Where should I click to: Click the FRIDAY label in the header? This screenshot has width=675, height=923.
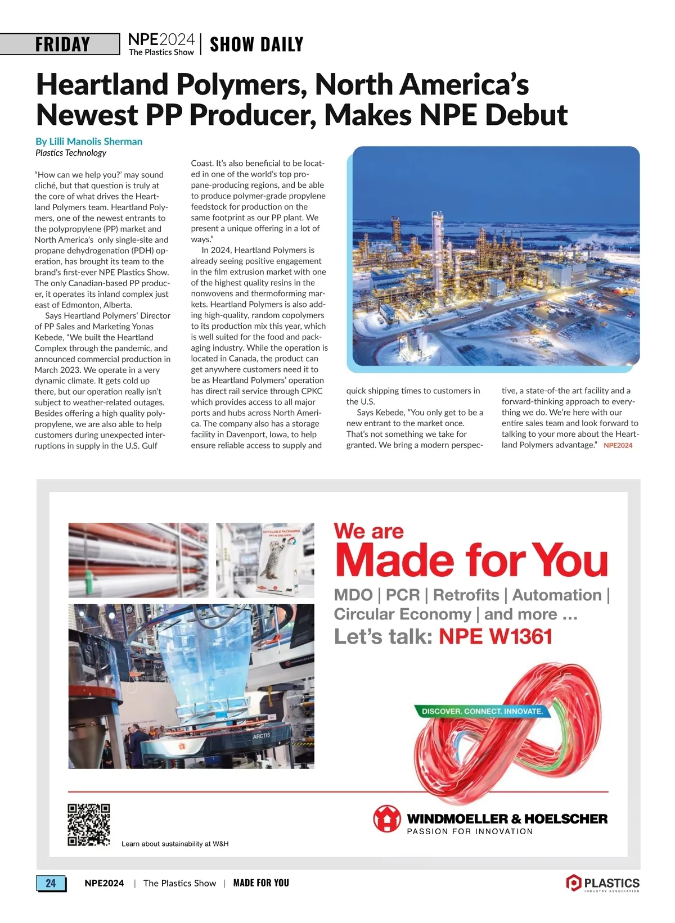pos(62,44)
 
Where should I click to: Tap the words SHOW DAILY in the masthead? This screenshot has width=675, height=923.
pos(256,44)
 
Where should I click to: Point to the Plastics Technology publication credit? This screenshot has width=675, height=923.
pos(71,153)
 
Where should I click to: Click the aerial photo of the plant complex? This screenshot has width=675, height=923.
pos(496,256)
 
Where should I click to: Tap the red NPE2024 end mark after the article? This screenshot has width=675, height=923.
pos(618,445)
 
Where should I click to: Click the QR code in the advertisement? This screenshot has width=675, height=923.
pos(89,825)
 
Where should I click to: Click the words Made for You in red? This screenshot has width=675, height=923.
pos(471,560)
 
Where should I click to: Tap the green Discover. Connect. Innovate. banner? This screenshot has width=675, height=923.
pos(482,711)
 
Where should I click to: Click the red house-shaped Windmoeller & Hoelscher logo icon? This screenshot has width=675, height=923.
pos(386,818)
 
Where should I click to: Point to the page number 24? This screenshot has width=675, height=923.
pos(51,883)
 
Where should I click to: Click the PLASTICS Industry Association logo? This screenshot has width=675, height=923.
pos(603,883)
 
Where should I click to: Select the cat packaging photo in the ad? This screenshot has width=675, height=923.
pos(265,560)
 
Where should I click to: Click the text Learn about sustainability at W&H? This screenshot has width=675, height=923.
pos(175,844)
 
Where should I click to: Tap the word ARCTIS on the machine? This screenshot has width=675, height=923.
pos(262,735)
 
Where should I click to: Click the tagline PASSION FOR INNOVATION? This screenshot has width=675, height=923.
pos(470,831)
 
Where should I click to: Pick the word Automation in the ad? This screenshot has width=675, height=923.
pos(557,595)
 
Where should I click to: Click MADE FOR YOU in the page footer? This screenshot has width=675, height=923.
pos(261,883)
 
